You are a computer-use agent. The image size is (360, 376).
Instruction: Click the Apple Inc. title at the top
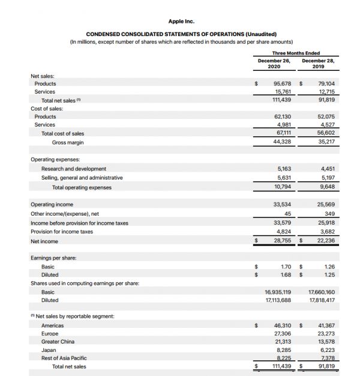point(181,21)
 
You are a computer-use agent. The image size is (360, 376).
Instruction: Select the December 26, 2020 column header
point(274,64)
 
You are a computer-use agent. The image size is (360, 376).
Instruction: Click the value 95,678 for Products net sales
point(281,83)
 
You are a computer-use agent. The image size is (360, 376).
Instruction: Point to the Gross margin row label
point(68,142)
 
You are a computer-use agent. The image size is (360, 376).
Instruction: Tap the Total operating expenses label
point(82,187)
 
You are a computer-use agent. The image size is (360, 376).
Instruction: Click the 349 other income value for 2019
point(329,214)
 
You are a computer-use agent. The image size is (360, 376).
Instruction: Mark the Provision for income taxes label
point(62,232)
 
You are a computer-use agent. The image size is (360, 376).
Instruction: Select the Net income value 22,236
point(325,241)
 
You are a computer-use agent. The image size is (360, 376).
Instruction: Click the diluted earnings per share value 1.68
point(286,275)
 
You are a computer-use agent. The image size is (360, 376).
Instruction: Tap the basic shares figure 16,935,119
point(278,292)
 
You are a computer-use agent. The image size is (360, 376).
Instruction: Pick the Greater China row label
point(59,341)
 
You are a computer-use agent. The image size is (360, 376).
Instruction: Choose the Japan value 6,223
point(327,350)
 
